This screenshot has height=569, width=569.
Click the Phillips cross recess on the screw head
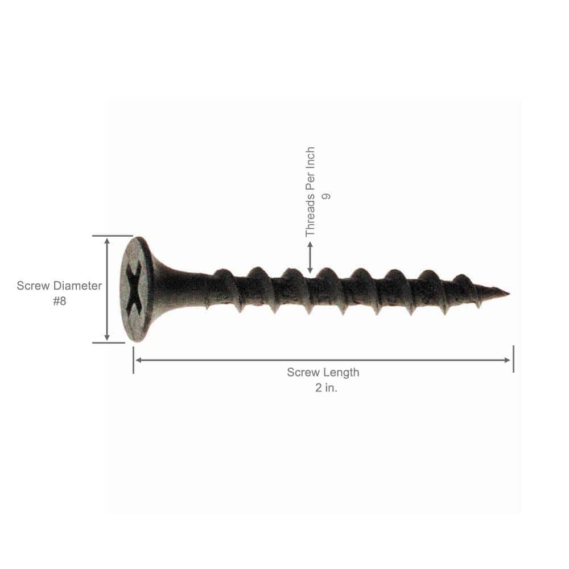(x=135, y=289)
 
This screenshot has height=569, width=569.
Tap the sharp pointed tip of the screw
(x=506, y=294)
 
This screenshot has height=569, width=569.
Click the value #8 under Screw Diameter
(x=59, y=302)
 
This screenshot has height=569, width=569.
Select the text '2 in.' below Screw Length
(x=323, y=389)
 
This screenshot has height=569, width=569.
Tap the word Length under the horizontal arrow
(x=341, y=373)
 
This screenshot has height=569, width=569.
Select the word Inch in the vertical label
(x=310, y=159)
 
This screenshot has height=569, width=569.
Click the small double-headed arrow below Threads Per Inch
(x=310, y=257)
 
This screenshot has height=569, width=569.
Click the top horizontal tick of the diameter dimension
(x=112, y=236)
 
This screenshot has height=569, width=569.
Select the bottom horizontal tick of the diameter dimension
(x=108, y=343)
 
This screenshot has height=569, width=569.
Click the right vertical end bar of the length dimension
(x=513, y=359)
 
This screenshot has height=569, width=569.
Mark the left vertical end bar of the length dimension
(x=133, y=360)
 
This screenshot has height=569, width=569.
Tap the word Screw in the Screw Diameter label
(x=33, y=286)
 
